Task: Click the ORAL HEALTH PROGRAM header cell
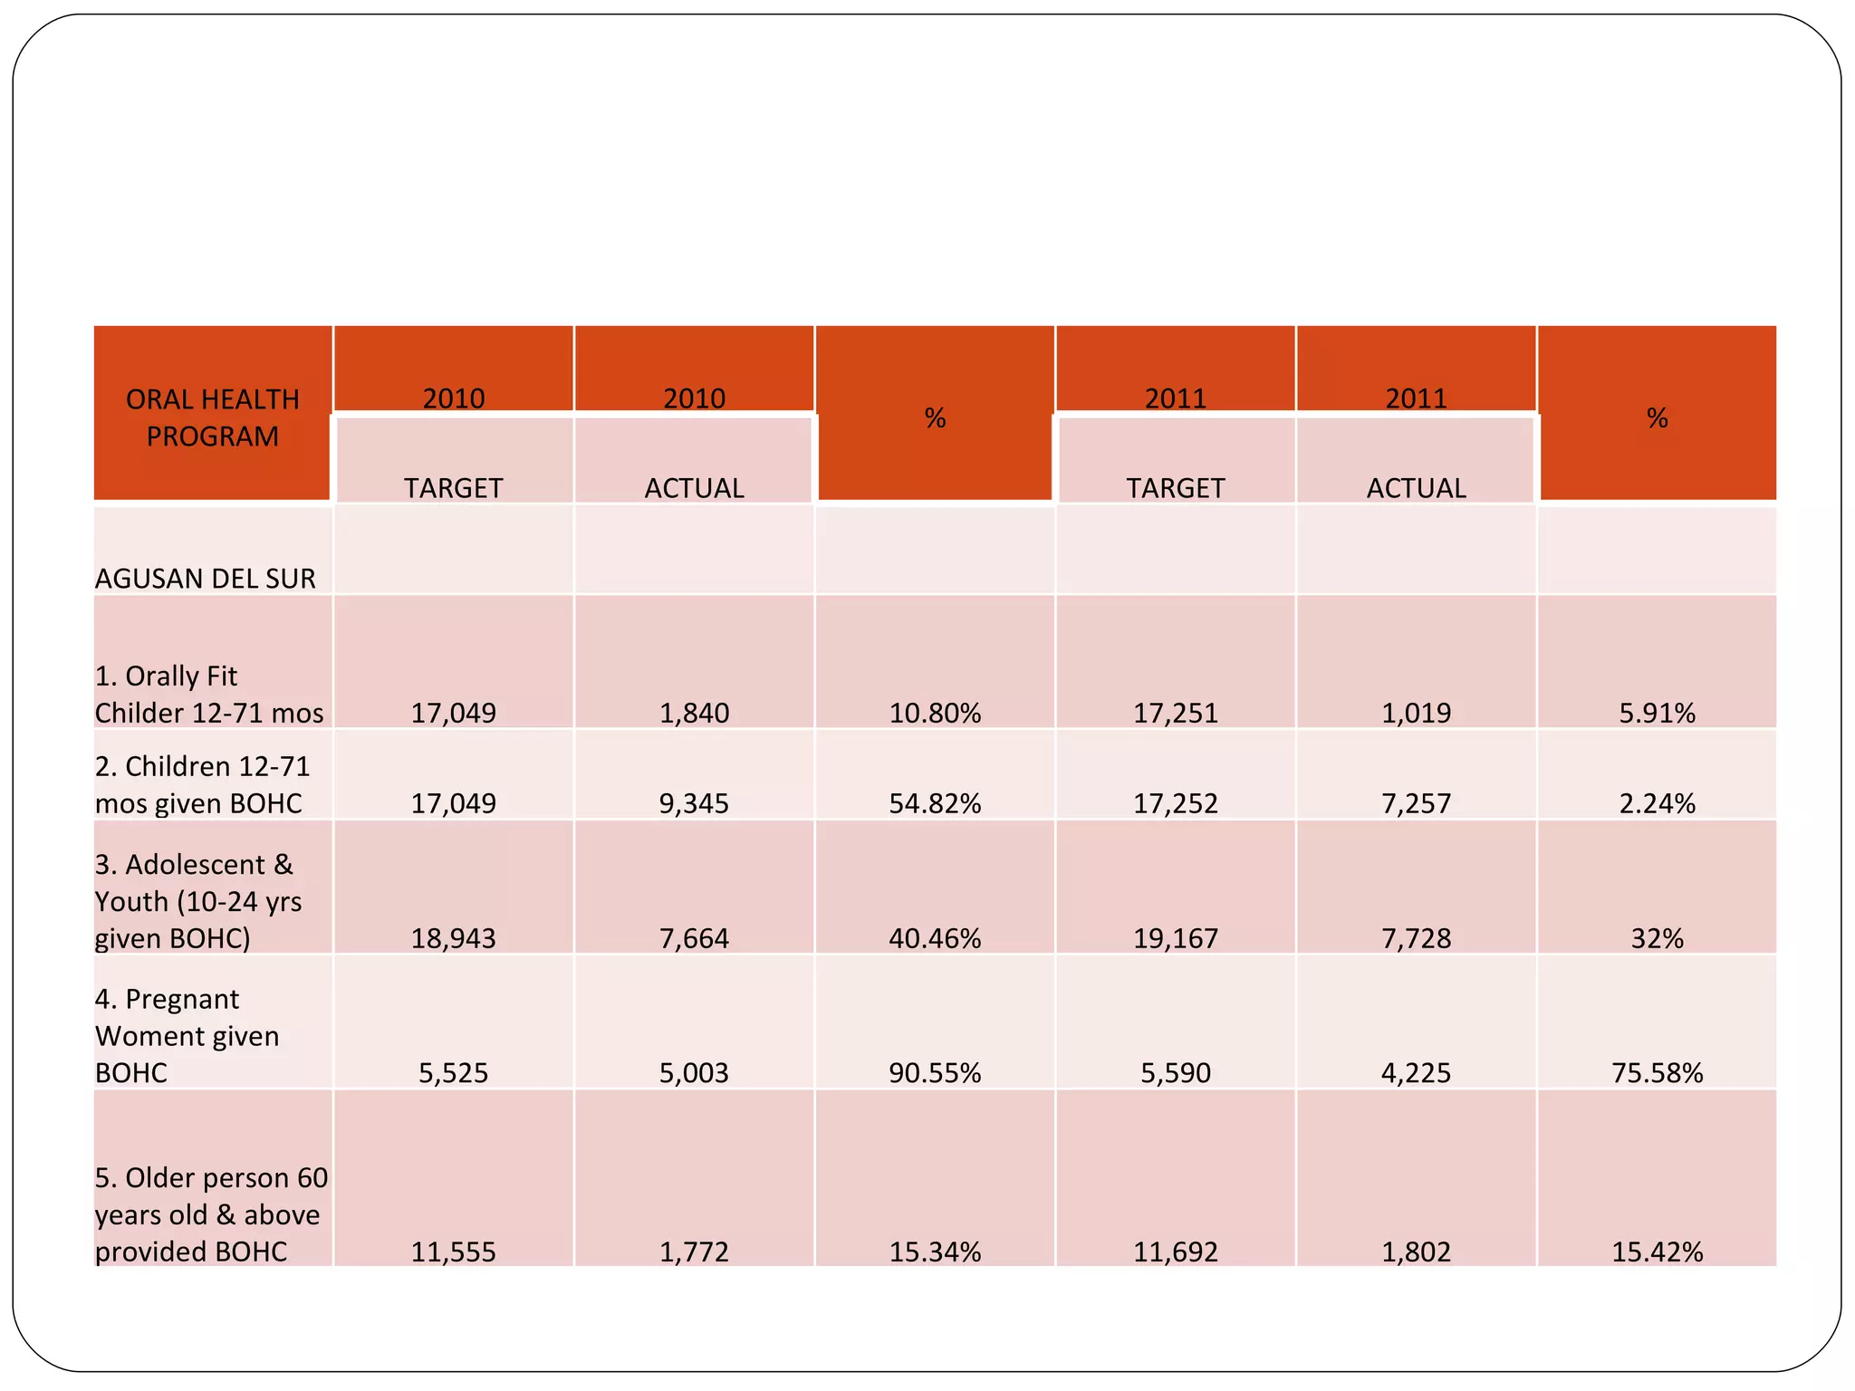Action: tap(212, 417)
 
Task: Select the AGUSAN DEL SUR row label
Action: tap(206, 578)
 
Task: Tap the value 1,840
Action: tap(694, 713)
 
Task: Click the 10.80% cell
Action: tap(935, 713)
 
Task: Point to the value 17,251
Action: tap(1175, 713)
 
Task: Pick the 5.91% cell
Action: tap(1657, 713)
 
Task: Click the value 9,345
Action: tap(694, 802)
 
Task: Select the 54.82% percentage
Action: tap(935, 802)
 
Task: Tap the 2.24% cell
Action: tap(1657, 802)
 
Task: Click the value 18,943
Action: tap(453, 937)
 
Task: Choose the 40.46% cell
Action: tap(935, 937)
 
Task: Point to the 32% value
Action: tap(1657, 937)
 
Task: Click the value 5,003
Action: tap(694, 1072)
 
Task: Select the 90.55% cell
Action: tap(935, 1072)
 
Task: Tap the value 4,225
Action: tap(1416, 1072)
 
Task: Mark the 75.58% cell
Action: tap(1657, 1072)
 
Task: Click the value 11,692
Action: tap(1175, 1252)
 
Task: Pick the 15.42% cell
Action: tap(1657, 1252)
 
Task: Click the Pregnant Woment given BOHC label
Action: tap(187, 1035)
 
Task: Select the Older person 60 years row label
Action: tap(210, 1214)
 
